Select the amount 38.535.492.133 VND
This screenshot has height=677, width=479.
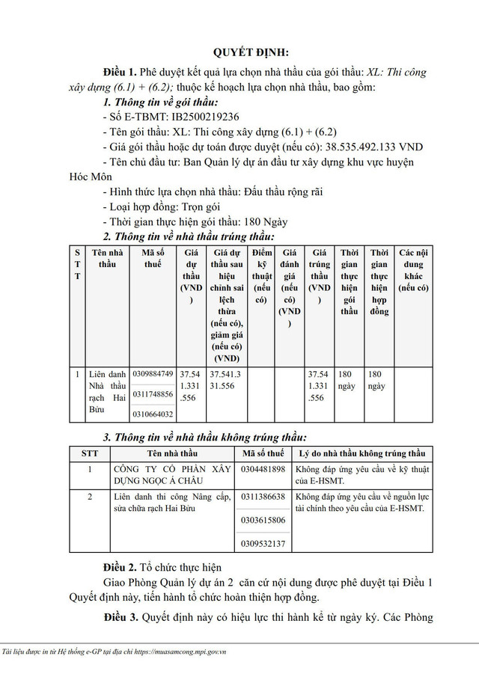367,147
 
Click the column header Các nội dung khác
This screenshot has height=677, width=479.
413,270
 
